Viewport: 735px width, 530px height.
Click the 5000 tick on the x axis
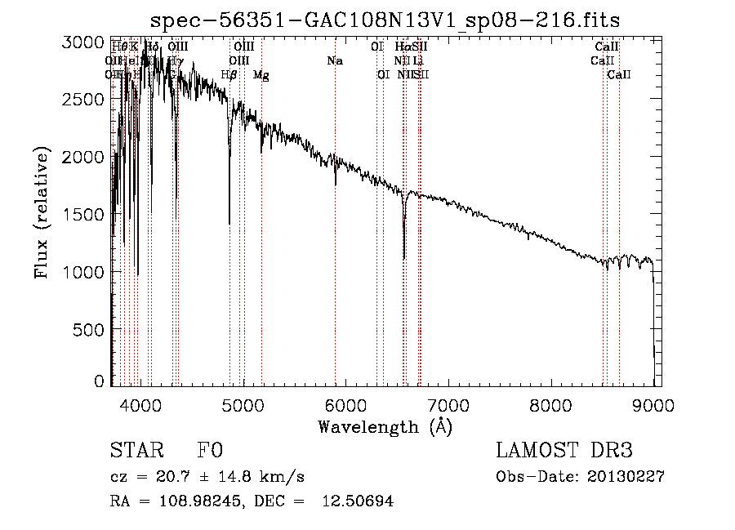(243, 404)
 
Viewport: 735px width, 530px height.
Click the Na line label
(334, 61)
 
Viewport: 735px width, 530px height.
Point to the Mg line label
(261, 75)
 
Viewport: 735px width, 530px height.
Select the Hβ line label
(229, 75)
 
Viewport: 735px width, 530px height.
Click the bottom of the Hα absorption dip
(403, 258)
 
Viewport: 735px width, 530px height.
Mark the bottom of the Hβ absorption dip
(229, 223)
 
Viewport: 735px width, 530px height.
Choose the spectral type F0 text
(210, 451)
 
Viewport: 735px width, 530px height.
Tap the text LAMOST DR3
(564, 451)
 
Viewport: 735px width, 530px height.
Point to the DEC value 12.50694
(356, 501)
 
